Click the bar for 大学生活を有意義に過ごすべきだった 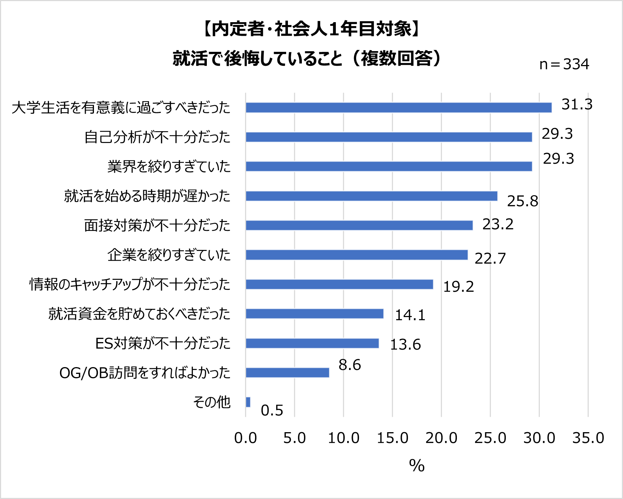(x=398, y=108)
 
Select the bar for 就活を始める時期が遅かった (x=372, y=196)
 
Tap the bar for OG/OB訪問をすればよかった (x=287, y=373)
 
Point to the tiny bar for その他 (x=248, y=402)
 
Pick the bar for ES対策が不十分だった (x=312, y=343)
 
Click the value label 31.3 (x=577, y=104)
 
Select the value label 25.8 (x=523, y=201)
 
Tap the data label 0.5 (x=272, y=410)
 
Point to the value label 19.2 (x=459, y=287)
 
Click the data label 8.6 (x=350, y=365)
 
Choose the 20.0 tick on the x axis (x=441, y=438)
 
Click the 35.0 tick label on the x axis (x=588, y=438)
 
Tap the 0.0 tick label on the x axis (x=245, y=438)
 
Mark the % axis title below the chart (x=417, y=466)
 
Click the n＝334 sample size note (x=564, y=64)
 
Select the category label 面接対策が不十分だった (x=157, y=226)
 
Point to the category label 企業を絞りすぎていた (x=169, y=255)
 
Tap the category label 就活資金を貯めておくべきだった (x=139, y=314)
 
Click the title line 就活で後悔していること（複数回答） (x=308, y=58)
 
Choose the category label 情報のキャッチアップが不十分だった (x=130, y=285)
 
